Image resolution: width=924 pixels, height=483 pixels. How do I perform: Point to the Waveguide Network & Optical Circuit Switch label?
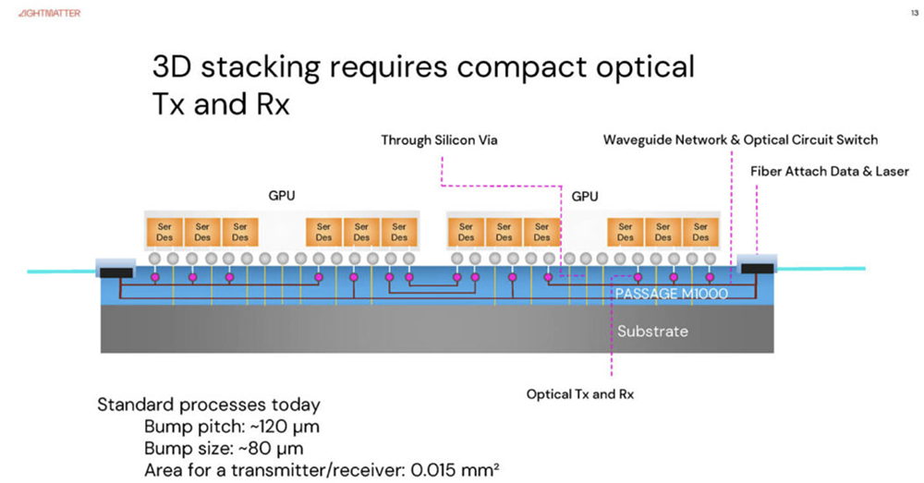point(740,140)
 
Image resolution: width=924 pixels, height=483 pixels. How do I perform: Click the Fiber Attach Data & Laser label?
point(829,171)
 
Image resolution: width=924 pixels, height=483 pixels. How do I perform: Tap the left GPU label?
point(282,196)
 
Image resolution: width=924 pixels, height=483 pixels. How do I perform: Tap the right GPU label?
point(585,196)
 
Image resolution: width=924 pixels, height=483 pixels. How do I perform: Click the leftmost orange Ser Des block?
point(164,231)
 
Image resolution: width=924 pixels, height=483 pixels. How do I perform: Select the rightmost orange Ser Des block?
point(701,231)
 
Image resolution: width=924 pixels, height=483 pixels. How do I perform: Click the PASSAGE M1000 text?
point(672,295)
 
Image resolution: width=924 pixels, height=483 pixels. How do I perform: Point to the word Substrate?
point(652,331)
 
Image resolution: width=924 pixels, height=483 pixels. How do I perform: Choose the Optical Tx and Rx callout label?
point(580,394)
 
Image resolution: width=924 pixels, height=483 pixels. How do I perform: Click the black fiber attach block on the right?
point(757,269)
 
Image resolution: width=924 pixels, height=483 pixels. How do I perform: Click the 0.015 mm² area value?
point(454,470)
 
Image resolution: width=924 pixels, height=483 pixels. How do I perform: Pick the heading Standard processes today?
point(209,405)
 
